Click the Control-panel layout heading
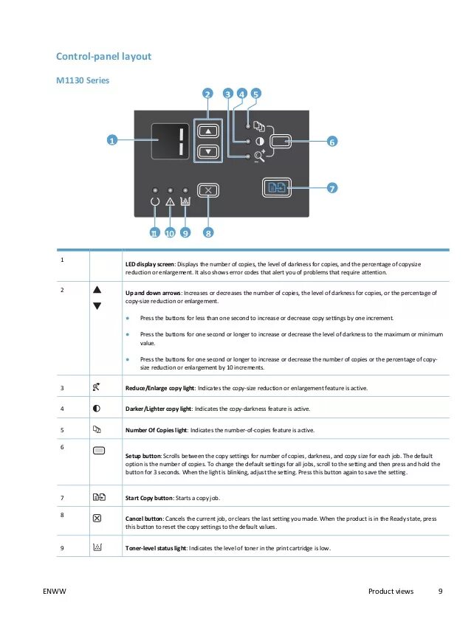point(104,56)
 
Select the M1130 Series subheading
point(83,80)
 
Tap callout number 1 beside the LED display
point(111,140)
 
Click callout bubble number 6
point(331,141)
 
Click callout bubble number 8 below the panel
point(208,233)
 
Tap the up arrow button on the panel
point(208,131)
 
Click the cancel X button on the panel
point(208,190)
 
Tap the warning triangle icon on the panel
point(171,201)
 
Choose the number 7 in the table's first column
point(63,496)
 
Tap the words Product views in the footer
point(391,592)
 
